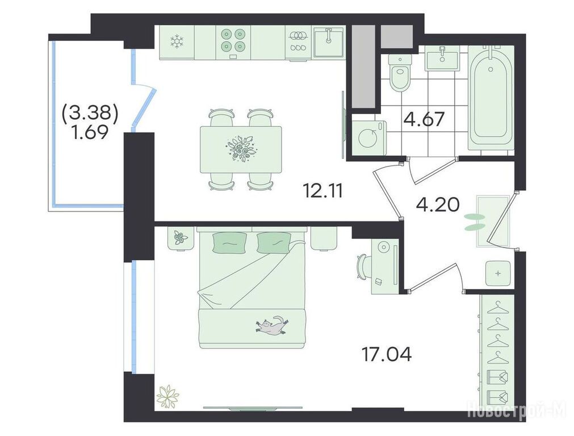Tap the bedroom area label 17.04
pos(386,354)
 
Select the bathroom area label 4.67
pos(424,119)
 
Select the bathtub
pos(491,98)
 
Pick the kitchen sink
pos(329,42)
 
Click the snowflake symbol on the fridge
pos(177,41)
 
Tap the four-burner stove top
pos(233,40)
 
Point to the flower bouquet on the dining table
pos(241,148)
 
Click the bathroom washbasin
pos(442,59)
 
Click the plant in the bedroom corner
pos(167,396)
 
